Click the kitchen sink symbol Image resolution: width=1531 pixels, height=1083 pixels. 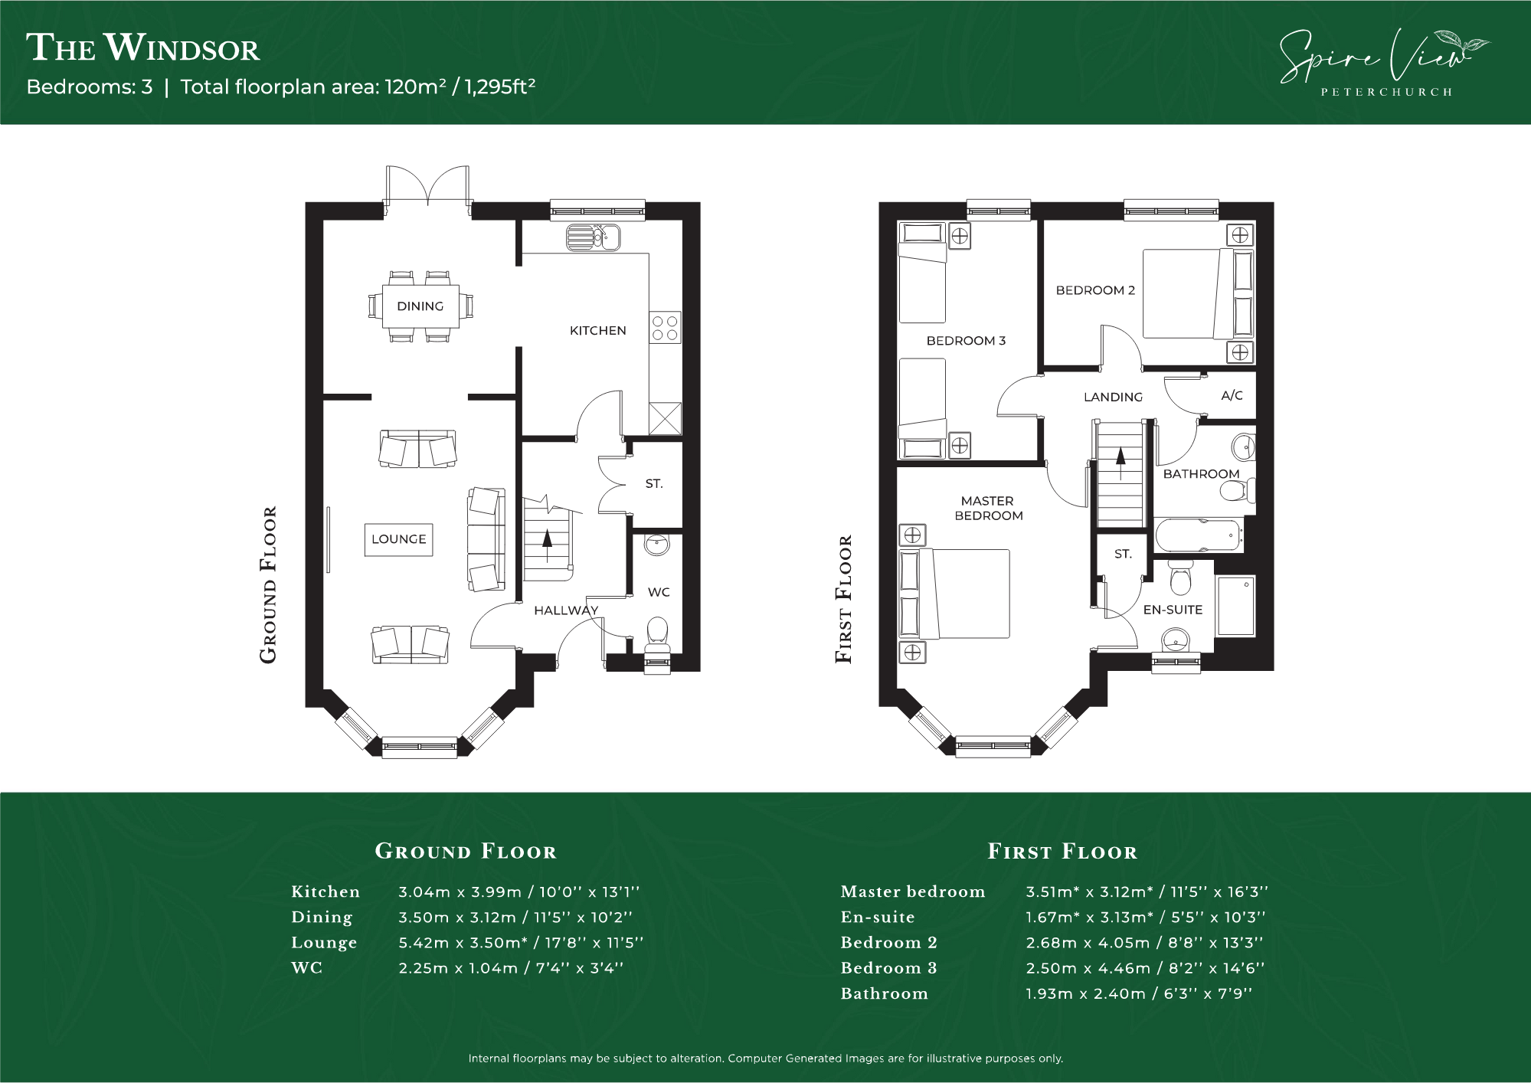point(593,237)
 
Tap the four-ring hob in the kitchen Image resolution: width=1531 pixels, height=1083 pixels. point(664,328)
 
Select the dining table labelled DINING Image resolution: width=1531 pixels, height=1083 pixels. point(420,306)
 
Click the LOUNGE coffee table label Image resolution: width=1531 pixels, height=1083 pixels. point(398,539)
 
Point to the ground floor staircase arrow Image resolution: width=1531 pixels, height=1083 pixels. point(547,539)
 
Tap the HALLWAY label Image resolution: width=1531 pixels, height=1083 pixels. point(566,610)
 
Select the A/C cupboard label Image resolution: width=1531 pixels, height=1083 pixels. point(1232,396)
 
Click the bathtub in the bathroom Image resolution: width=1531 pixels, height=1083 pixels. point(1198,534)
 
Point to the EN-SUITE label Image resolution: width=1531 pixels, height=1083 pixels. point(1173,610)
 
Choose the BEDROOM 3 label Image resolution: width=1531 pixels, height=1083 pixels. point(966,341)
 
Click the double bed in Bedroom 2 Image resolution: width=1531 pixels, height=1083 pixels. point(1199,293)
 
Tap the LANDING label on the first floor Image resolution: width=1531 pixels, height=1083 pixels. point(1113,397)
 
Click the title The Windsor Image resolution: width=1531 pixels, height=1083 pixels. point(143,47)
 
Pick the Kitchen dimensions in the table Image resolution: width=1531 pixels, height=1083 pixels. point(519,892)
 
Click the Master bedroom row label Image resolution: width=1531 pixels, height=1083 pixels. point(913,892)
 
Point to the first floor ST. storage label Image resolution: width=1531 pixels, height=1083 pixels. point(1123,554)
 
